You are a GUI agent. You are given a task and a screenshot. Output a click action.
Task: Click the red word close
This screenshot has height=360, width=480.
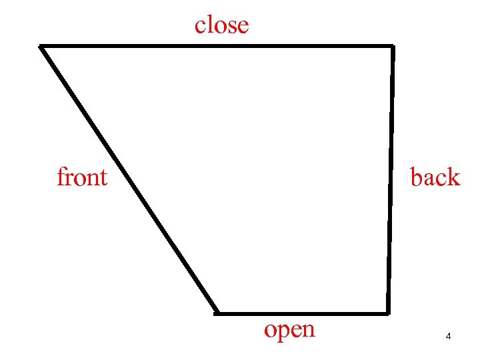point(221,25)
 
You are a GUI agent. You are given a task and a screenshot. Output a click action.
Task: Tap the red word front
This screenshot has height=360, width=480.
point(82,177)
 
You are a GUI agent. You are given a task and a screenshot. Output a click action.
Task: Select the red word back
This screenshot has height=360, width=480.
point(435,177)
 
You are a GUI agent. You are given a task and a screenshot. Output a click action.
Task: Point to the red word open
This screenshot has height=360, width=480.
point(289,329)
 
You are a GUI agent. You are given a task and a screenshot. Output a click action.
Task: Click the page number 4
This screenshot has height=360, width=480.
point(449,337)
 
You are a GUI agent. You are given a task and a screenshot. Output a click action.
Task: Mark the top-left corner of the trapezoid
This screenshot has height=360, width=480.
point(41,46)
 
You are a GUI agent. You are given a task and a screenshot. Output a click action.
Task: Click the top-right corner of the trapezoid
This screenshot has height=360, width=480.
point(392,46)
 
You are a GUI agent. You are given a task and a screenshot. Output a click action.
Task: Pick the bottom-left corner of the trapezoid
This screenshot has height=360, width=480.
point(217,312)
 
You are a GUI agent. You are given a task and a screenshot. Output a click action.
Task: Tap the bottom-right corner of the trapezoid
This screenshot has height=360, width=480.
point(387,312)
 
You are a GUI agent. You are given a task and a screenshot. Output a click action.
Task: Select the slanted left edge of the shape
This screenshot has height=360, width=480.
point(128,179)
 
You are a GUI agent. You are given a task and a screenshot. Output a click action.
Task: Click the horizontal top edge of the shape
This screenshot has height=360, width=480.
point(217,46)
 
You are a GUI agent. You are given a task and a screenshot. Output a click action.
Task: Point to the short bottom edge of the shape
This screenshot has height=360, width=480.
point(302,313)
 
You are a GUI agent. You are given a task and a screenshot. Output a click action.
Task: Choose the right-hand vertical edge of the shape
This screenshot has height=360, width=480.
point(390,179)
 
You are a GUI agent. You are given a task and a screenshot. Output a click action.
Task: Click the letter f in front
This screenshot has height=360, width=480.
point(61,177)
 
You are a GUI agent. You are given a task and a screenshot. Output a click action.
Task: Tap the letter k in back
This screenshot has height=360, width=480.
point(453,177)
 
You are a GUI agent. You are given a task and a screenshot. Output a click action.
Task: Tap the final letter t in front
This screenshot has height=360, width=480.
point(103,178)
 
